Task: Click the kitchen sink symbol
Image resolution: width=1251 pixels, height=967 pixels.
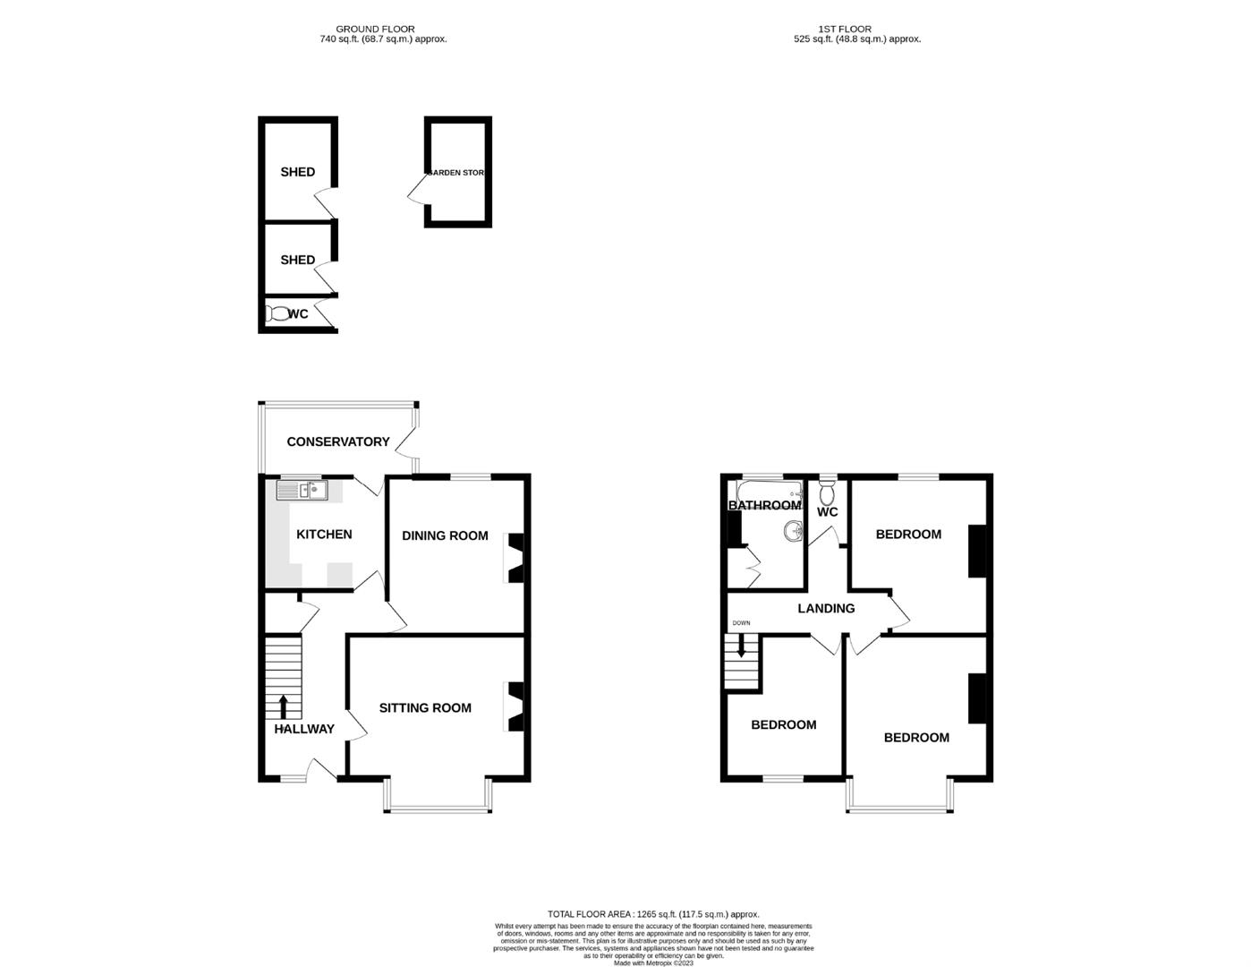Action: click(x=302, y=490)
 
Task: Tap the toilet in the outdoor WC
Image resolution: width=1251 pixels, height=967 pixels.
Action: click(x=277, y=313)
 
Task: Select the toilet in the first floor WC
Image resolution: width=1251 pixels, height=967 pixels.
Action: click(x=827, y=492)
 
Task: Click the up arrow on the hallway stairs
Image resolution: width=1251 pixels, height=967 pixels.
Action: click(x=284, y=706)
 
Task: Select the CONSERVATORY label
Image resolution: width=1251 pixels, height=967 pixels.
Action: click(x=337, y=441)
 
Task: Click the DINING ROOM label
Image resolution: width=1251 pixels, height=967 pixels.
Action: click(x=445, y=535)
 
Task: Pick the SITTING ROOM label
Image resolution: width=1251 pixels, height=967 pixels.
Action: click(x=425, y=707)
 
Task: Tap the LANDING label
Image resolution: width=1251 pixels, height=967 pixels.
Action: click(x=826, y=608)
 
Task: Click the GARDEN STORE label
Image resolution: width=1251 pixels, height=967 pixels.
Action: click(x=456, y=172)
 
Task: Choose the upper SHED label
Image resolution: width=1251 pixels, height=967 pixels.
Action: click(x=297, y=172)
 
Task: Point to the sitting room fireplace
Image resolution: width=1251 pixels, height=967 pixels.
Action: click(x=515, y=707)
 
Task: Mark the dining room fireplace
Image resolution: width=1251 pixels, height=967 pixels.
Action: click(x=515, y=558)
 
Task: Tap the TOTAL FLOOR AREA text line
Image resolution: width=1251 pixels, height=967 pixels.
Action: click(x=653, y=913)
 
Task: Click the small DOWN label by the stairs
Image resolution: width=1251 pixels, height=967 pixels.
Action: click(x=741, y=623)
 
